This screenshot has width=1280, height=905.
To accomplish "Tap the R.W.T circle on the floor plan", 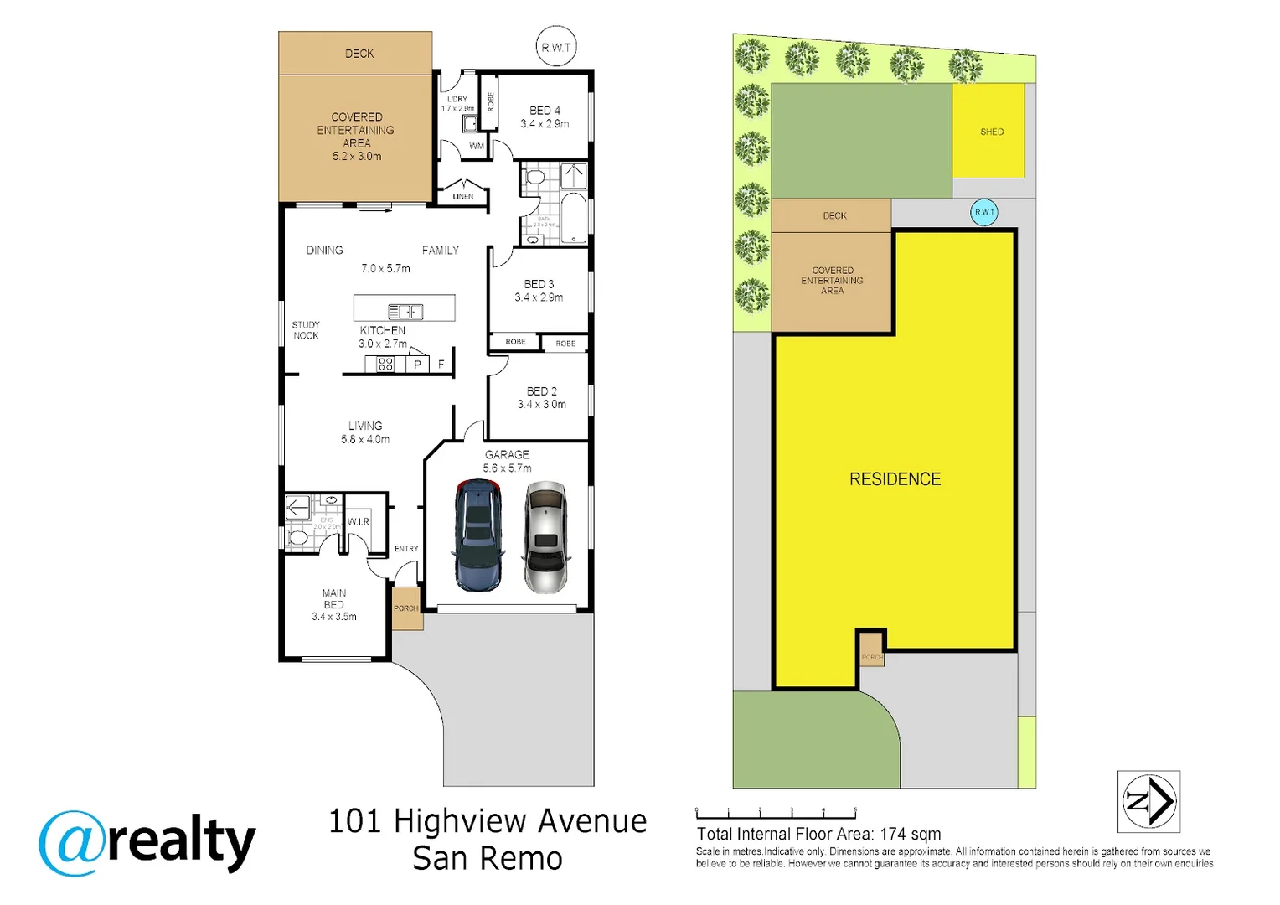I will pyautogui.click(x=556, y=48).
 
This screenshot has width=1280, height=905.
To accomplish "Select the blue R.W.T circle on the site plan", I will pyautogui.click(x=984, y=212).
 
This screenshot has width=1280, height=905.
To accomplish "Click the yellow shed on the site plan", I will pyautogui.click(x=989, y=131).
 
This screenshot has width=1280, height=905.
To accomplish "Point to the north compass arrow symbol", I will pyautogui.click(x=1149, y=801).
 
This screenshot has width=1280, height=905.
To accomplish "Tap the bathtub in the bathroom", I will pyautogui.click(x=574, y=218).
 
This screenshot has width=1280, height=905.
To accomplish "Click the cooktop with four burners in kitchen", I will pyautogui.click(x=385, y=364).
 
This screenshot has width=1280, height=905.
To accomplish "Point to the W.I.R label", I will pyautogui.click(x=359, y=521).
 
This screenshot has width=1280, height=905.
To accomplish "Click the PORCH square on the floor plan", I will pyautogui.click(x=407, y=609).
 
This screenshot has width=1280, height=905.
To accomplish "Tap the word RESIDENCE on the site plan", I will pyautogui.click(x=895, y=479).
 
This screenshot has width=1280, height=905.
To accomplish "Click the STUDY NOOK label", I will pyautogui.click(x=306, y=330).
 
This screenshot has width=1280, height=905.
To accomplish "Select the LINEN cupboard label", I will pyautogui.click(x=463, y=196).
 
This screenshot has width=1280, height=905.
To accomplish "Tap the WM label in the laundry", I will pyautogui.click(x=477, y=146).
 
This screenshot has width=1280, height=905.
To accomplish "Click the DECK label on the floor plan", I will pyautogui.click(x=359, y=54).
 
